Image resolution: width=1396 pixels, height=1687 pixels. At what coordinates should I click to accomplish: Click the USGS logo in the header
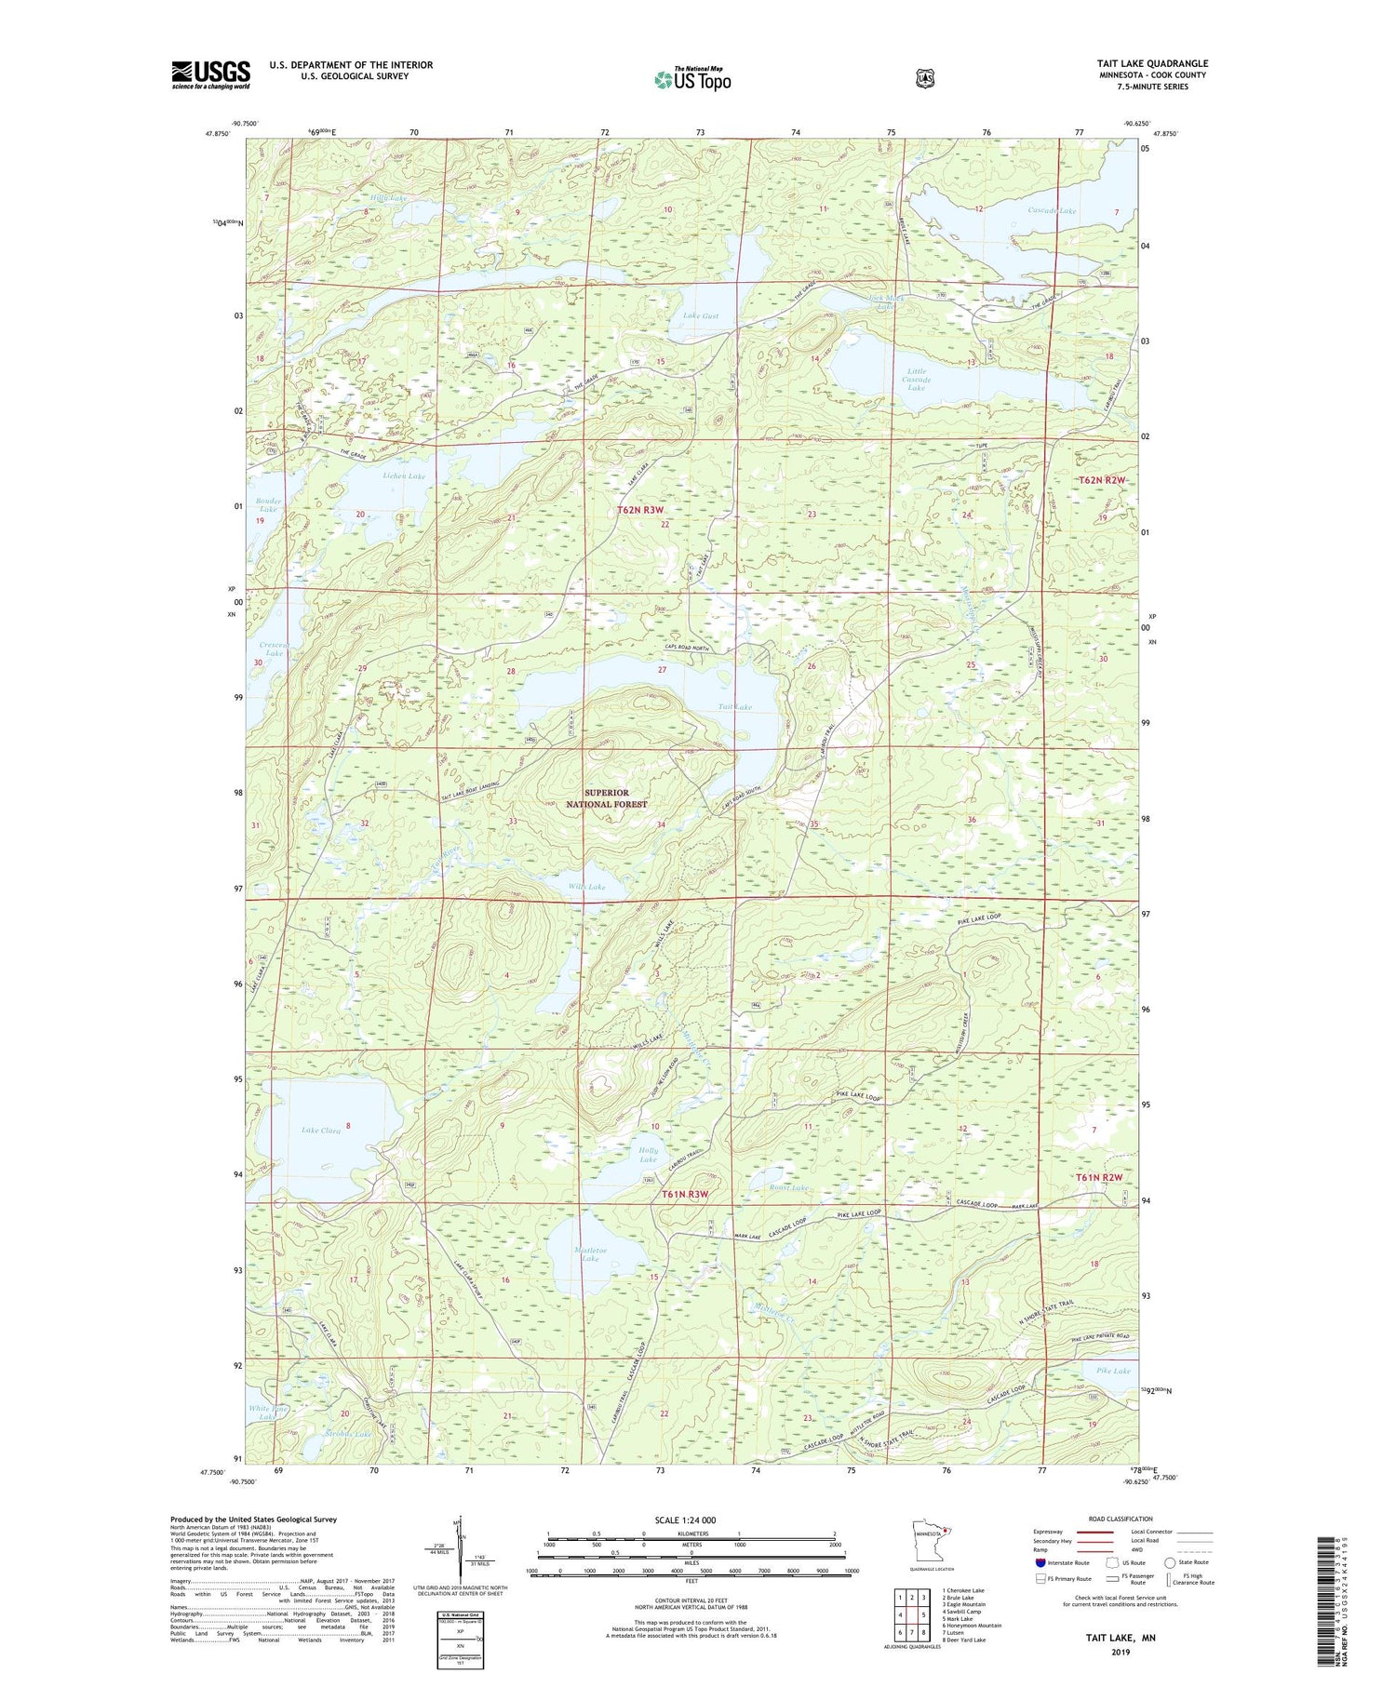tap(211, 74)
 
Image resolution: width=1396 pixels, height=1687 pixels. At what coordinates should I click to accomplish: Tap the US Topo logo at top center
tap(692, 80)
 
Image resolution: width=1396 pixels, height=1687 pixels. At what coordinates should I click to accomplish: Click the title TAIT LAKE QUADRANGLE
tap(1151, 63)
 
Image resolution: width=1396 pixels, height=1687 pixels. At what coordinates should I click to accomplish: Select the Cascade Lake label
tap(1052, 210)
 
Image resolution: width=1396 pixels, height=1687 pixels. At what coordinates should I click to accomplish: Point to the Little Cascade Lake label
tap(916, 379)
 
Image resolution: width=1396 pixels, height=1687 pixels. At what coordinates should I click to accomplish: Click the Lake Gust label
tap(701, 316)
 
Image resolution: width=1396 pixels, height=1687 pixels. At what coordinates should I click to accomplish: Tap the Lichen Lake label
tap(403, 475)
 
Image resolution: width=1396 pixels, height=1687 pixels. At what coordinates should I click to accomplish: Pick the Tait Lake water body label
tap(734, 707)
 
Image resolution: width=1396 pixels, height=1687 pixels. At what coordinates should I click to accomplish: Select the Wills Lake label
tap(586, 887)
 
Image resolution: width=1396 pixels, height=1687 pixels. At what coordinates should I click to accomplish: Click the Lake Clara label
tap(321, 1131)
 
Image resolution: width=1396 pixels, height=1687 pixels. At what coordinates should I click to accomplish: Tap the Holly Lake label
tap(648, 1155)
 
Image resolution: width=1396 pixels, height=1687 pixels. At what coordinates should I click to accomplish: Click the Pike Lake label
tap(1112, 1371)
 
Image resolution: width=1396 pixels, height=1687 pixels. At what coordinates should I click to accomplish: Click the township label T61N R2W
tap(1101, 1177)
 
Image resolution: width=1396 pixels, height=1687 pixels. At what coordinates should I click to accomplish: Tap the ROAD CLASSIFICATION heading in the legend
tap(1114, 1519)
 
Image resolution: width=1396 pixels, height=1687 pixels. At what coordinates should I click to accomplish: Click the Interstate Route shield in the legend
tap(1040, 1562)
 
